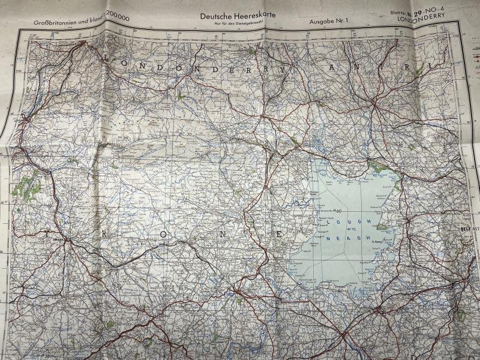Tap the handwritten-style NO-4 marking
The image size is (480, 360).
(439, 10)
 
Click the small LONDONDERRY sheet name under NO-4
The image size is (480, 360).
(427, 18)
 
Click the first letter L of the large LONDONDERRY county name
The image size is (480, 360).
(109, 58)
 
